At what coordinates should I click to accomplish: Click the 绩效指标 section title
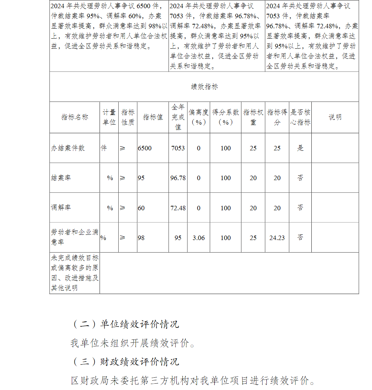pyautogui.click(x=204, y=87)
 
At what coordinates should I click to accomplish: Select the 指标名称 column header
pyautogui.click(x=75, y=117)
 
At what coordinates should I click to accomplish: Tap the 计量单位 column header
pyautogui.click(x=109, y=117)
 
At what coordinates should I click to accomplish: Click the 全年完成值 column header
pyautogui.click(x=178, y=117)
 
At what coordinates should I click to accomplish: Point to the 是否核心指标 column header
pyautogui.click(x=300, y=117)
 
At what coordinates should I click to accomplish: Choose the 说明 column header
pyautogui.click(x=335, y=117)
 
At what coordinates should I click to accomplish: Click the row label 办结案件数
pyautogui.click(x=68, y=148)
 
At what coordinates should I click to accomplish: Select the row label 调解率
pyautogui.click(x=61, y=208)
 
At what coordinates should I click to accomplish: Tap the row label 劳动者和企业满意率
pyautogui.click(x=74, y=237)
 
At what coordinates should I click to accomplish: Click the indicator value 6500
pyautogui.click(x=145, y=148)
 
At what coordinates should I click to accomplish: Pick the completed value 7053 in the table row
pyautogui.click(x=178, y=148)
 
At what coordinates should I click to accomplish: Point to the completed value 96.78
pyautogui.click(x=178, y=178)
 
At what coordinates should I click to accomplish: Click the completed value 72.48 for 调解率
pyautogui.click(x=178, y=208)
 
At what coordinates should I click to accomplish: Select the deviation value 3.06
pyautogui.click(x=199, y=238)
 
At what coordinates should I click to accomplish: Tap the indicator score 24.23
pyautogui.click(x=277, y=238)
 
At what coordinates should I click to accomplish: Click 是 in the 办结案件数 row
pyautogui.click(x=300, y=148)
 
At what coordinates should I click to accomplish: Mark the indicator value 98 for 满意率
pyautogui.click(x=141, y=238)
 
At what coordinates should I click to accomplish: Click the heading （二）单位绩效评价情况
pyautogui.click(x=125, y=324)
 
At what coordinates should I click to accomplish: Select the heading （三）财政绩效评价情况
pyautogui.click(x=125, y=361)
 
